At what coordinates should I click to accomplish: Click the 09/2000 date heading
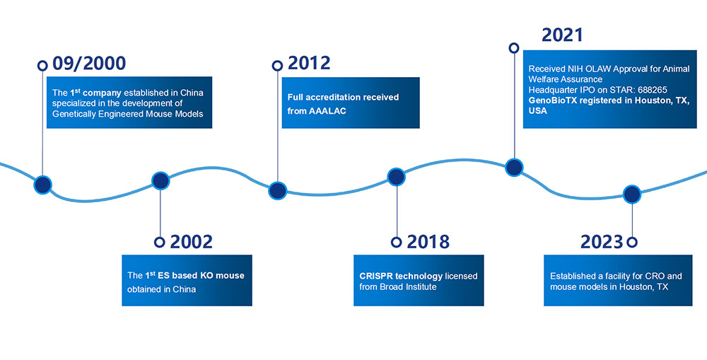pyautogui.click(x=89, y=64)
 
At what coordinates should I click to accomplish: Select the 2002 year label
pyautogui.click(x=191, y=243)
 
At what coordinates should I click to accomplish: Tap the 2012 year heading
pyautogui.click(x=309, y=64)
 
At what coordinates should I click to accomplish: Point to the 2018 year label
pyautogui.click(x=428, y=243)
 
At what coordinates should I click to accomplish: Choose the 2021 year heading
pyautogui.click(x=562, y=35)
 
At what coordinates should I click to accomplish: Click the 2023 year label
pyautogui.click(x=602, y=243)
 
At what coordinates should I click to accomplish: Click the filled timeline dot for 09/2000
pyautogui.click(x=43, y=185)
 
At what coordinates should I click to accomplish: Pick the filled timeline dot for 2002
pyautogui.click(x=160, y=181)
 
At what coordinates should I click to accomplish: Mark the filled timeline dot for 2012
pyautogui.click(x=277, y=190)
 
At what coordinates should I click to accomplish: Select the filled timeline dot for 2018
pyautogui.click(x=397, y=177)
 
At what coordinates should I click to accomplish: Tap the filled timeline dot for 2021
pyautogui.click(x=514, y=168)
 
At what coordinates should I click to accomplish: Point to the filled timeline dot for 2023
pyautogui.click(x=631, y=194)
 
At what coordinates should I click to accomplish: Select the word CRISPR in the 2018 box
pyautogui.click(x=376, y=276)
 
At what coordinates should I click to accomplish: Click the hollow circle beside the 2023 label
pyautogui.click(x=632, y=243)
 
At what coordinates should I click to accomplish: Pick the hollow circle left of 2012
pyautogui.click(x=277, y=66)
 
